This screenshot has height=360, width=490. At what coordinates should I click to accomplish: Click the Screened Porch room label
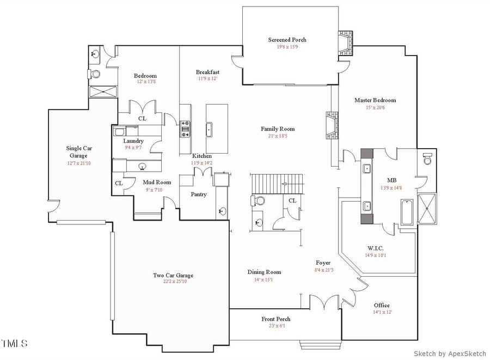tap(287, 40)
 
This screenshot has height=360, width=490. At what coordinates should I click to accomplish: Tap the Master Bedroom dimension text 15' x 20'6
tap(375, 107)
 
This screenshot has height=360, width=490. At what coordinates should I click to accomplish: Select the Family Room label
tap(277, 129)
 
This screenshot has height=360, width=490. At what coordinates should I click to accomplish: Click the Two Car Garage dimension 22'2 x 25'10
tap(173, 282)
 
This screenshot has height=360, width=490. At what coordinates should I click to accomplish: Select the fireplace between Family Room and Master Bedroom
tap(332, 126)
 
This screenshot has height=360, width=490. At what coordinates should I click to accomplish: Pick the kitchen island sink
tap(209, 130)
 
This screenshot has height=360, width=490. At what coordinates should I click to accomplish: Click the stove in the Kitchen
tap(185, 127)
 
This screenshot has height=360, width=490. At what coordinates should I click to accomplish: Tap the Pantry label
tap(198, 194)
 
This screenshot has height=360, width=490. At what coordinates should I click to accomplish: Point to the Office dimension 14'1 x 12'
tap(381, 312)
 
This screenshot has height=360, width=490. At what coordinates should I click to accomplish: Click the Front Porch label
tap(276, 319)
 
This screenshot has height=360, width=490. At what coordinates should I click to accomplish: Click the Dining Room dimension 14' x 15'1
tap(264, 279)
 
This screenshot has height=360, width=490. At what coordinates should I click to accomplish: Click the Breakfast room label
tap(207, 72)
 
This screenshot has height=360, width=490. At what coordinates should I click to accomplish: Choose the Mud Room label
tap(157, 182)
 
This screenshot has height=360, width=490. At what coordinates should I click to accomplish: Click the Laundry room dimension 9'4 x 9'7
tap(133, 148)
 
